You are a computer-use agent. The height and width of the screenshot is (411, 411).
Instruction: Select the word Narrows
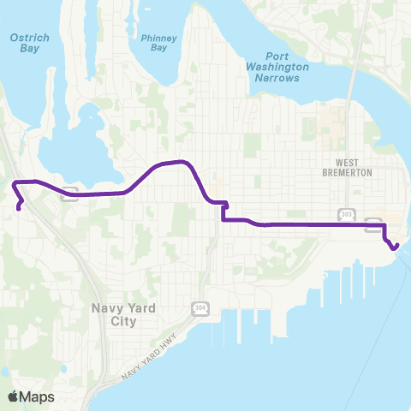[277, 77]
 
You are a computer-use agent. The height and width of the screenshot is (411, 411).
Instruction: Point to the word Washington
[277, 65]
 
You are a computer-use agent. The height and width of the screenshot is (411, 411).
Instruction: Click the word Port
[277, 54]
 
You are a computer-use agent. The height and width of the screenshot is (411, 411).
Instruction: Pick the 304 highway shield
[200, 308]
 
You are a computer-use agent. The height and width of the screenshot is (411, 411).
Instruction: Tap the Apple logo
[13, 396]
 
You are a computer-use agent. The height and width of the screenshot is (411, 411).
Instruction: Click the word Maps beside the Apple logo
[37, 396]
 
